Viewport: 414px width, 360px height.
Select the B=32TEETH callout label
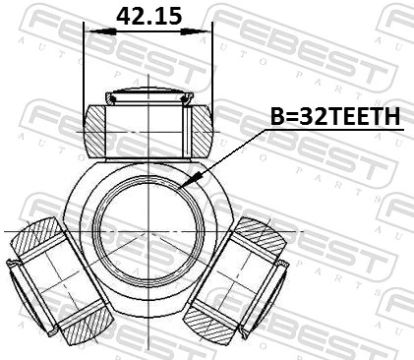pos(335,117)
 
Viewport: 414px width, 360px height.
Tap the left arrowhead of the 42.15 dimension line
pos(90,30)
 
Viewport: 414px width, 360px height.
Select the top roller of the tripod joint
pos(148,126)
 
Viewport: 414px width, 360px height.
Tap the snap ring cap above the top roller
pos(148,95)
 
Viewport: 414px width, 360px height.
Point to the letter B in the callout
pos(277,117)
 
